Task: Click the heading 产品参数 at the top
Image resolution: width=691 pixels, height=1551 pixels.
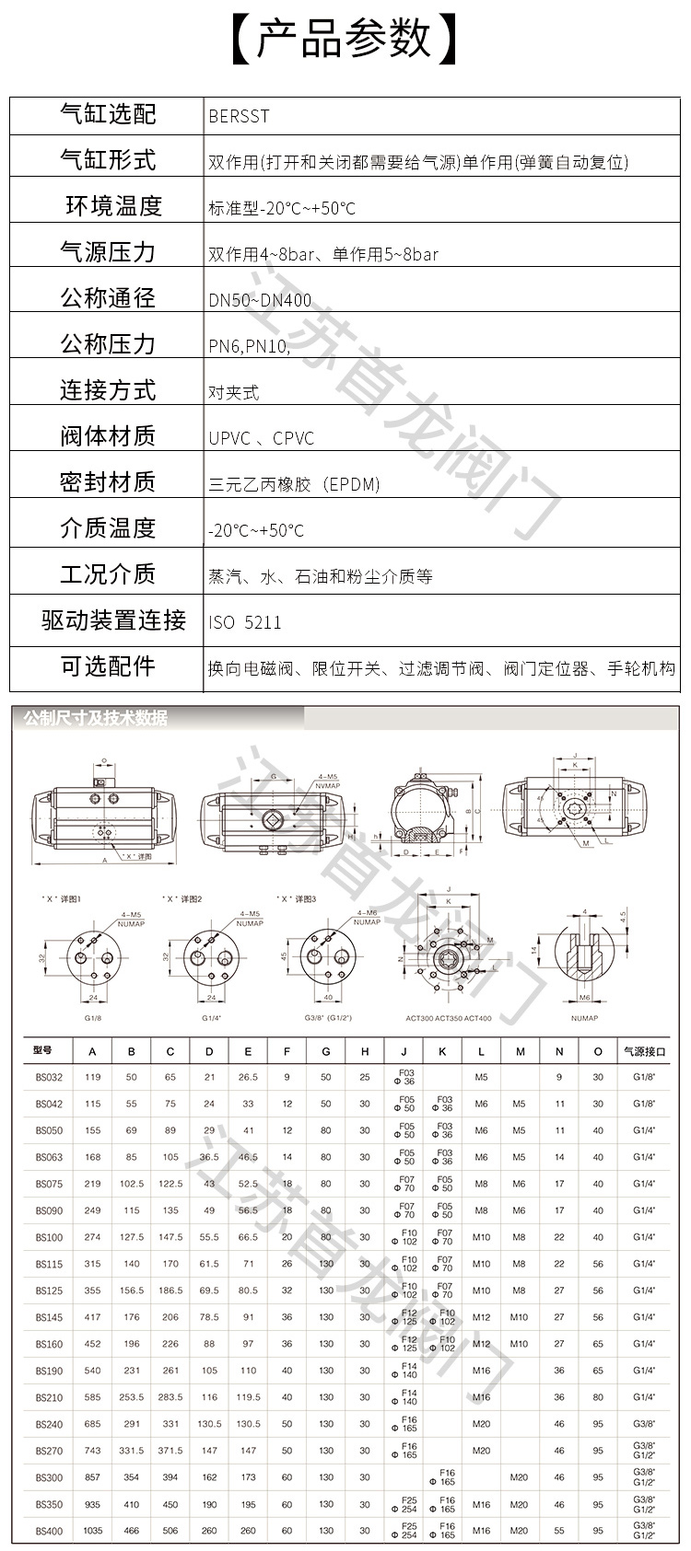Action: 344,40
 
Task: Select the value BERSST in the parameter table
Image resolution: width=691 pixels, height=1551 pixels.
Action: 239,116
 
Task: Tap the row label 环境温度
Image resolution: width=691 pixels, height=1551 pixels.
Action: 113,205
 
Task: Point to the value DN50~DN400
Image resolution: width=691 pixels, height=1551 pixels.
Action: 260,300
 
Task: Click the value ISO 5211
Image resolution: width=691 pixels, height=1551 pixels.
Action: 245,622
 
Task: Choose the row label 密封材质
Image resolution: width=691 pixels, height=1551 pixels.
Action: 108,481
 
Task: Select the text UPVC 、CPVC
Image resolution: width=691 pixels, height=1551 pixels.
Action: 261,438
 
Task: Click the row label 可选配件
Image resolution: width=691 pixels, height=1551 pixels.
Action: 108,666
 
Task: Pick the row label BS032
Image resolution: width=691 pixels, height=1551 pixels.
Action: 49,1077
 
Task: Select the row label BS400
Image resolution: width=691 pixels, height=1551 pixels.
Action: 49,1532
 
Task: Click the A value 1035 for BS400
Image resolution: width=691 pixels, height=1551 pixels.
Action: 92,1532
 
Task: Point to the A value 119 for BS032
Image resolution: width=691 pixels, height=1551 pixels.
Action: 92,1077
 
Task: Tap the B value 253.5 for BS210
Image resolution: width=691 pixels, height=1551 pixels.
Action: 132,1397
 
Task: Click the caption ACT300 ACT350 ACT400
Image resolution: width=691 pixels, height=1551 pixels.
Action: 448,1018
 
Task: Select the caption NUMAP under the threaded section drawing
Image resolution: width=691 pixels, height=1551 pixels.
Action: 584,1018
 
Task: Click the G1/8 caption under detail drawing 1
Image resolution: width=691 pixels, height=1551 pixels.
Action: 92,1018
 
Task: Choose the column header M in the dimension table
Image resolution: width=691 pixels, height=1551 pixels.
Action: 520,1051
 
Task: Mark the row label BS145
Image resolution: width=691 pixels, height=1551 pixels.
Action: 49,1317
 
